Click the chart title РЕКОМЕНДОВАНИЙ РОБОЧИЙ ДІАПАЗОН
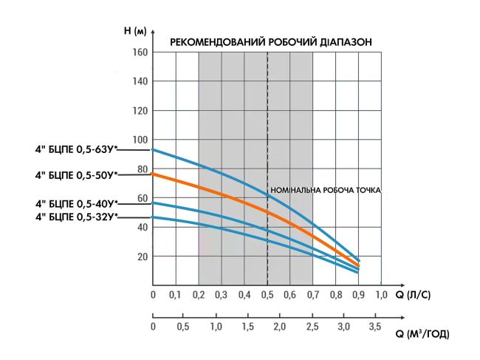(x=270, y=42)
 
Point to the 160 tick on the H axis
(x=140, y=52)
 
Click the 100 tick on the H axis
(x=140, y=140)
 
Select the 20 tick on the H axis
(x=142, y=257)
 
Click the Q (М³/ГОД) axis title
(x=422, y=335)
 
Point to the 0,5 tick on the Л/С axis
(x=267, y=296)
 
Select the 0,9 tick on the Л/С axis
(x=358, y=296)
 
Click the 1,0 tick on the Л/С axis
(x=381, y=296)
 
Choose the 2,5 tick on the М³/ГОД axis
(x=312, y=326)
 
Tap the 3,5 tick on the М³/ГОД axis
(x=375, y=326)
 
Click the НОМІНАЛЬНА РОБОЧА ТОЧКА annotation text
(x=326, y=190)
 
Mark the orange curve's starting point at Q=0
(x=153, y=174)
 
